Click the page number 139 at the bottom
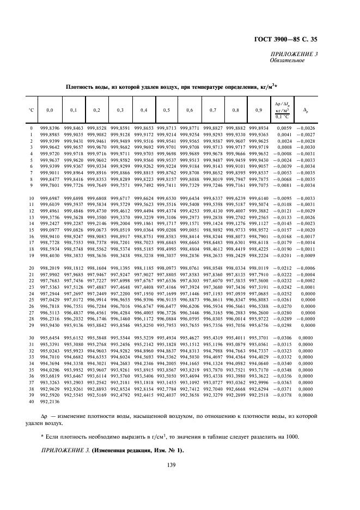pos(180,465)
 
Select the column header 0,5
pos(166,111)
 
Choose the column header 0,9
pos(258,111)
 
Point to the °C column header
pos(32,111)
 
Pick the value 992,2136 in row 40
pos(50,402)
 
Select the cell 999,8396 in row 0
pos(50,127)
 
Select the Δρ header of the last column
pos(306,111)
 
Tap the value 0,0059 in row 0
pos(284,127)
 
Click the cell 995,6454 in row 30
pos(50,338)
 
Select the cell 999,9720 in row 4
pos(50,154)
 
